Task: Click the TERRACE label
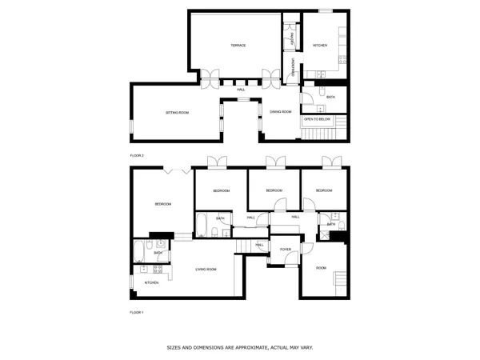click(x=238, y=46)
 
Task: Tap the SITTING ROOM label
click(x=177, y=113)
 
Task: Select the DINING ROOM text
click(x=280, y=112)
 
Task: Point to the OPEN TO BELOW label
click(x=317, y=119)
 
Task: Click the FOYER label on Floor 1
click(x=285, y=250)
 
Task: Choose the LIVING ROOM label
click(x=206, y=269)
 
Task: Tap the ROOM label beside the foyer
click(x=321, y=267)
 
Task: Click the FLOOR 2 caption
click(x=137, y=155)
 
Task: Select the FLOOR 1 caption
click(x=137, y=312)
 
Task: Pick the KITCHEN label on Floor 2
click(x=320, y=46)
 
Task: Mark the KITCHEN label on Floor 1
click(x=151, y=282)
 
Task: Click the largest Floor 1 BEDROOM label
click(x=163, y=205)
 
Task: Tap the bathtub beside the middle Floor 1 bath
click(x=202, y=225)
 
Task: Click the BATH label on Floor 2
click(x=330, y=97)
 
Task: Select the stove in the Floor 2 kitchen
click(x=342, y=46)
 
